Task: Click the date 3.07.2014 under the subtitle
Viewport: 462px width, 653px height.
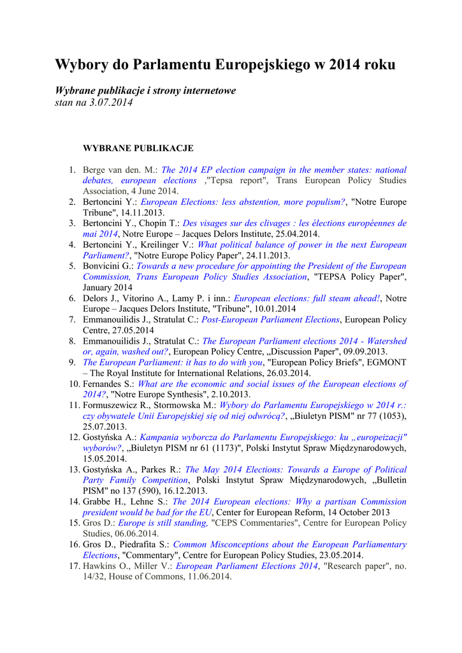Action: coord(111,103)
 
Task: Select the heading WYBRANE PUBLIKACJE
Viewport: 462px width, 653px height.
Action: coord(138,149)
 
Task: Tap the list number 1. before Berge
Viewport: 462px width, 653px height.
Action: coord(73,170)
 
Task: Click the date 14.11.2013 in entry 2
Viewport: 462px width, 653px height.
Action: coord(141,212)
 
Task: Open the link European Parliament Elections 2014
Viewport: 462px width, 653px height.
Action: coord(247,566)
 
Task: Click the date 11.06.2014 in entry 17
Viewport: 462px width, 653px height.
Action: coord(209,576)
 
